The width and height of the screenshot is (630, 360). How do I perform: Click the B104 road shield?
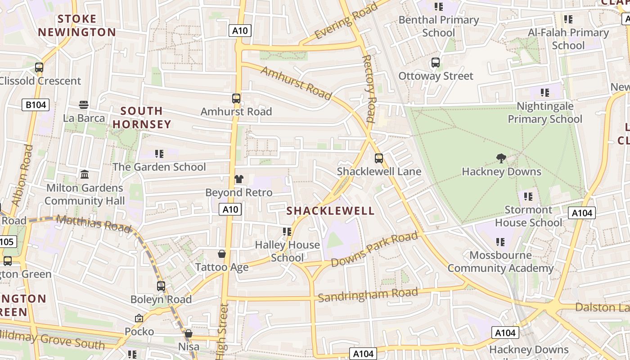pos(36,105)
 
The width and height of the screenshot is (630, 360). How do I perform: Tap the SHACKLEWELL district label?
pos(330,211)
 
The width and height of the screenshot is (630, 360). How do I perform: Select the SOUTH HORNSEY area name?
pos(142,117)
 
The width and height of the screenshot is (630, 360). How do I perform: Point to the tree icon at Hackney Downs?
pos(501,158)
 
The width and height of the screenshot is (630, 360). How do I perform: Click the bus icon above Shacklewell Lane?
pos(379,158)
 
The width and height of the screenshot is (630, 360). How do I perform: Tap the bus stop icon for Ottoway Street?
pos(435,63)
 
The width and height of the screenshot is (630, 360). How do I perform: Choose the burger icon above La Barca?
pos(84,105)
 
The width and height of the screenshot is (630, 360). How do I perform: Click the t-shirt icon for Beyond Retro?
pos(238,179)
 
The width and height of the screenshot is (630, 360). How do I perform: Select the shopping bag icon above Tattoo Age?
pos(222,254)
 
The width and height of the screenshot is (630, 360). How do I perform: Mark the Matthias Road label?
pos(94,223)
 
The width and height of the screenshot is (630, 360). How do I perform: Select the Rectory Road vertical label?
pos(369,89)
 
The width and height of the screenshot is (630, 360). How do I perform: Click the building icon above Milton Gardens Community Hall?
pos(84,174)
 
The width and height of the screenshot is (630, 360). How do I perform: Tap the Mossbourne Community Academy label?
pos(500,262)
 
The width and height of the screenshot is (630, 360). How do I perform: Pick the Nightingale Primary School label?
pos(544,112)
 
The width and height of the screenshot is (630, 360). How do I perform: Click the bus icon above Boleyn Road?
pos(161,286)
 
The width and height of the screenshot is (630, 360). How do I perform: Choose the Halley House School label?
pos(287,251)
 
